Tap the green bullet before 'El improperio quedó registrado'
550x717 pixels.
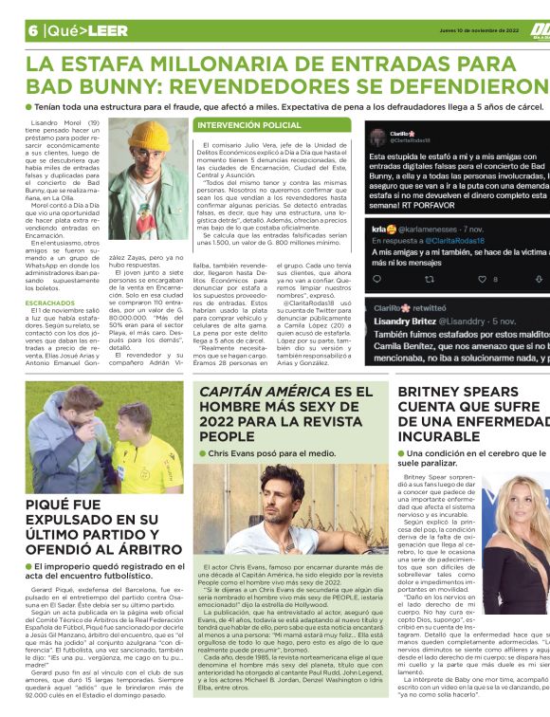[x=28, y=566]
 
